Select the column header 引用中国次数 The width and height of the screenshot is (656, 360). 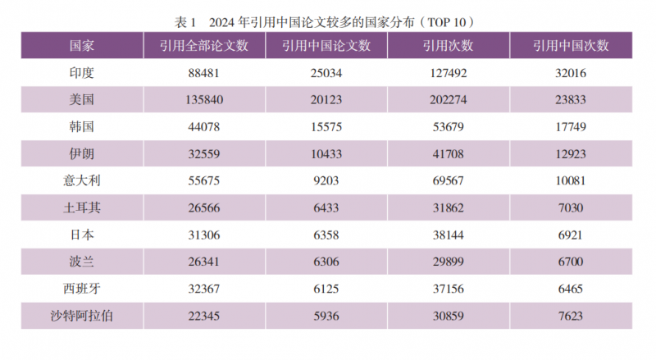tap(571, 46)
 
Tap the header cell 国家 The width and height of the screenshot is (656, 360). tap(82, 46)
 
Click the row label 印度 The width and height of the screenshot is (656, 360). tap(82, 73)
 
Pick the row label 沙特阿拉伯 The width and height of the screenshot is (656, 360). tap(82, 314)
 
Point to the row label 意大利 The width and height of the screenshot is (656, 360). tap(82, 180)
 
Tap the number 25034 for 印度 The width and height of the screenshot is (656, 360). tap(326, 73)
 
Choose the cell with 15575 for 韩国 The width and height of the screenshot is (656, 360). tap(326, 126)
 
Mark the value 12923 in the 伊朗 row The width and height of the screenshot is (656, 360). tap(571, 153)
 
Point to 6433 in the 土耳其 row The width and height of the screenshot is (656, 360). tap(326, 207)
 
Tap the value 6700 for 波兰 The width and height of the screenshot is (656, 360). tap(571, 261)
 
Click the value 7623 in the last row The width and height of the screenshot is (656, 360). tap(571, 314)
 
